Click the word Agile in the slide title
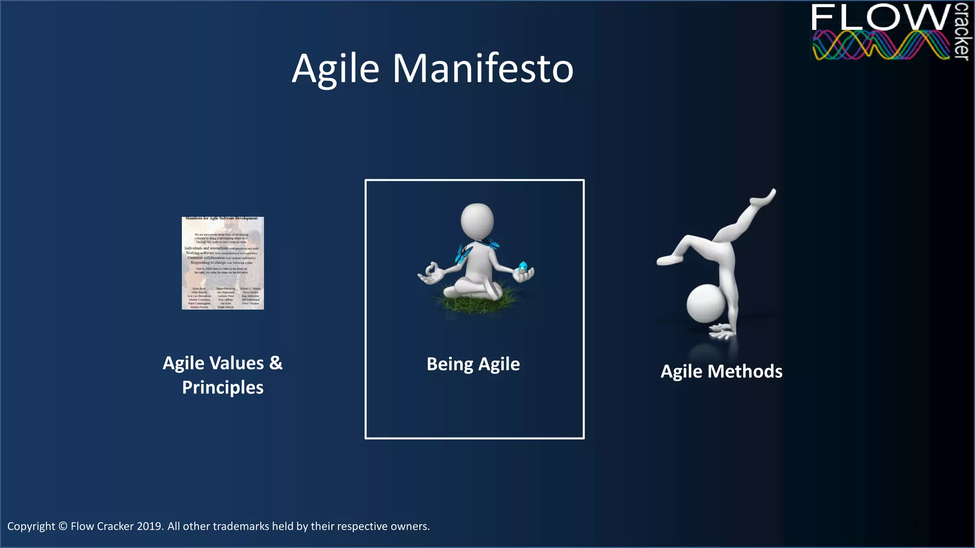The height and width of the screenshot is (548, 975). click(x=335, y=69)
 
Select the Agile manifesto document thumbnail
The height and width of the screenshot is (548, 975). click(x=223, y=263)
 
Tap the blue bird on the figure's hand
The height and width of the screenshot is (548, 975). click(x=523, y=267)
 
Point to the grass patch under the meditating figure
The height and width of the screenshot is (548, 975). click(x=476, y=300)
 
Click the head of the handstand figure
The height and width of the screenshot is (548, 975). click(x=706, y=303)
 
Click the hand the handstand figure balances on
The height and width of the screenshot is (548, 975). click(x=723, y=331)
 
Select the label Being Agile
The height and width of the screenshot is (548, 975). click(x=473, y=364)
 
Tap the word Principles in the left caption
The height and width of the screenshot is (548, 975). click(x=223, y=388)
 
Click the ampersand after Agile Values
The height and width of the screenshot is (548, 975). click(x=276, y=363)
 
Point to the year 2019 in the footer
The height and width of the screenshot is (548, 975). click(x=149, y=526)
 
